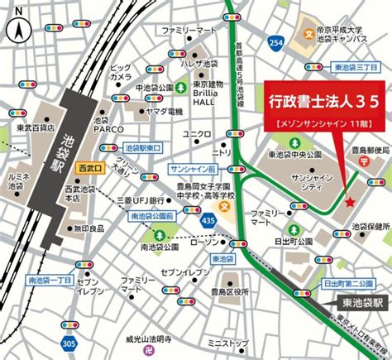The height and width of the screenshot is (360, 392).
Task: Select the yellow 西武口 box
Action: (87, 168)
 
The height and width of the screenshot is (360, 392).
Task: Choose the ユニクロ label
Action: (197, 133)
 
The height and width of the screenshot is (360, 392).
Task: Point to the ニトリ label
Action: (222, 152)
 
